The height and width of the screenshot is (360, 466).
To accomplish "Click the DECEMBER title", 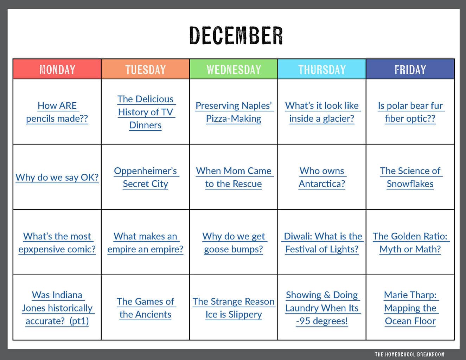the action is [x=236, y=36].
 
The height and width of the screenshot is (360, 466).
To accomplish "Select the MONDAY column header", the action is [x=57, y=70].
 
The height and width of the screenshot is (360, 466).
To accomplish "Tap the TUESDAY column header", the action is [x=145, y=70].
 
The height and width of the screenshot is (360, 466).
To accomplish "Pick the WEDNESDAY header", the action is [x=234, y=70].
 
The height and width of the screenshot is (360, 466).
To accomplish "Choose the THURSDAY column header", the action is [x=322, y=70].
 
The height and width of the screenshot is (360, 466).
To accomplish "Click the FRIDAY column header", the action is [x=410, y=70].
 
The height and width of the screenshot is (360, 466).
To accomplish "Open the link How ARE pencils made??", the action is [x=57, y=112].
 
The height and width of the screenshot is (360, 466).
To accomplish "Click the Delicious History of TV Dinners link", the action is [x=146, y=112].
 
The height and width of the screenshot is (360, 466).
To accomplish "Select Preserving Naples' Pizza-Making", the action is [x=234, y=112].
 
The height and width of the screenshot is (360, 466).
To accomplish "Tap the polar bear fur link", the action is [x=410, y=112].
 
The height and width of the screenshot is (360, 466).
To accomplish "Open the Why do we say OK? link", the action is [x=57, y=178].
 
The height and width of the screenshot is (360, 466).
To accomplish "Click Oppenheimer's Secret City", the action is [x=146, y=178].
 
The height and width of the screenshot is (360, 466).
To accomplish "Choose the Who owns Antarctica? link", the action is [x=322, y=178].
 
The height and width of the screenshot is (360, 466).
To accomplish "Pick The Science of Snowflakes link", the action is [x=410, y=178].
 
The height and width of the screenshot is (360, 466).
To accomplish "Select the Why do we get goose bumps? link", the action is [x=234, y=243].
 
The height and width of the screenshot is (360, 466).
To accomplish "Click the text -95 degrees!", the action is [x=322, y=321].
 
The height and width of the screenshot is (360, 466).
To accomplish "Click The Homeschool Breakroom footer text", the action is [x=409, y=354].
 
